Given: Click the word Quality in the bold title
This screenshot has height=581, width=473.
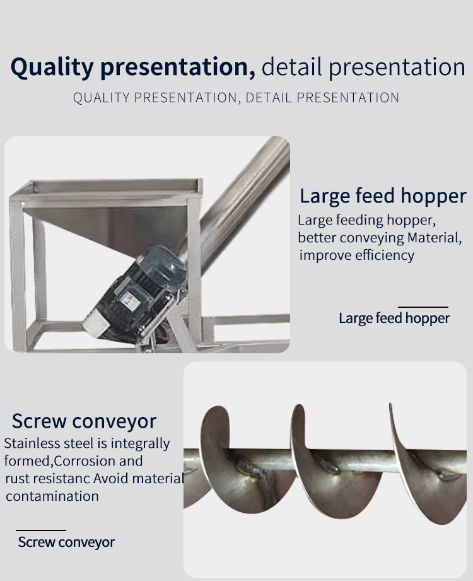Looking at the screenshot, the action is tap(52, 67).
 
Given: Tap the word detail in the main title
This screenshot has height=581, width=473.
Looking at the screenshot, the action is tap(291, 67).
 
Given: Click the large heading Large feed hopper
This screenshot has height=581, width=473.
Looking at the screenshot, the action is tap(383, 196).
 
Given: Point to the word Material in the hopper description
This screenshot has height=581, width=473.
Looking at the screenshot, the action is tap(435, 238).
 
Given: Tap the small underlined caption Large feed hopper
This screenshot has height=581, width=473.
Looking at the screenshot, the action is tap(394, 318).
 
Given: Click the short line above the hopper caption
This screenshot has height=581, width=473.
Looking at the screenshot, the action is tap(423, 307).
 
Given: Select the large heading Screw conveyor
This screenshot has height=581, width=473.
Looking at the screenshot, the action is tap(84, 421).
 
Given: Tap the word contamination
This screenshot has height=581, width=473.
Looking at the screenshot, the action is tap(52, 496).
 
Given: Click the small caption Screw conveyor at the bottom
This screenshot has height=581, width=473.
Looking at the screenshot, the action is tap(66, 542).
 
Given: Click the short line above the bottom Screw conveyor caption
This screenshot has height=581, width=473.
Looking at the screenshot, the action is tap(41, 531).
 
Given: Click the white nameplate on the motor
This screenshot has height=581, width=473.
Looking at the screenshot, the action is tap(130, 300).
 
